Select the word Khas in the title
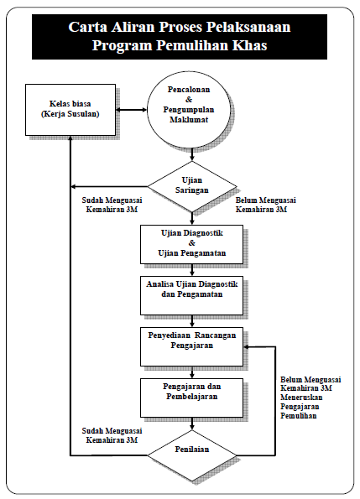pos(249,45)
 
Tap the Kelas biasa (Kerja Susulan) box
pos(70,110)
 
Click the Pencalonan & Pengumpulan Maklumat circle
pos(189,109)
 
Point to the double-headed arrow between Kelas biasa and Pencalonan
pos(131,110)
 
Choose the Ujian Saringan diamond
pos(192,186)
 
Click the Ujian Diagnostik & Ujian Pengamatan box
pos(191,244)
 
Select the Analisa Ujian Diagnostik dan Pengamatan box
pos(191,296)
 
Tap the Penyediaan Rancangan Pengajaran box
pos(191,347)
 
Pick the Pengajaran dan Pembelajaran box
pos(191,398)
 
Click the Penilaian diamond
pos(192,455)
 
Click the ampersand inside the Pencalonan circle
pos(189,100)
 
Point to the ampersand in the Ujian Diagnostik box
pos(191,243)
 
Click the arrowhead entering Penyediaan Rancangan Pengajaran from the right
pos(247,347)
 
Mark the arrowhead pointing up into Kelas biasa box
pos(70,138)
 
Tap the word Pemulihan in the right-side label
pos(299,416)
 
